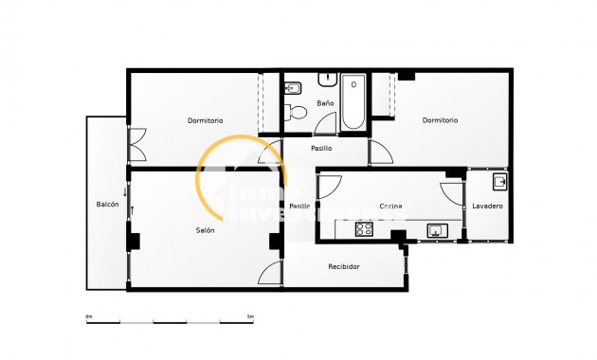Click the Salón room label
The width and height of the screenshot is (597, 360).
(x=205, y=230)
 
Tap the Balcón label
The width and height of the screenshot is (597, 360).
(x=107, y=205)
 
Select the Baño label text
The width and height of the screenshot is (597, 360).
(x=325, y=102)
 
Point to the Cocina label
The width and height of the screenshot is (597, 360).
(x=391, y=206)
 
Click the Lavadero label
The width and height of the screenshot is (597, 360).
(x=487, y=206)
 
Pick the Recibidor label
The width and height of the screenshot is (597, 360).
(x=344, y=266)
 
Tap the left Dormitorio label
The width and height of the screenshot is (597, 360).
(x=205, y=120)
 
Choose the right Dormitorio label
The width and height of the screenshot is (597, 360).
(x=440, y=120)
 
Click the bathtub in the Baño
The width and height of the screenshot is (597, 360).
(x=353, y=101)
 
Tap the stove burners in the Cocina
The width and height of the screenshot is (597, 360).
(x=365, y=228)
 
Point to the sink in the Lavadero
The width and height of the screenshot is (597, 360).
(x=498, y=180)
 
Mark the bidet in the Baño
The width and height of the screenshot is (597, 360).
(x=293, y=89)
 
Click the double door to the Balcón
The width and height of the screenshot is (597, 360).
(x=136, y=144)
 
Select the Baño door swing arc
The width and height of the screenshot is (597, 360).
(x=327, y=123)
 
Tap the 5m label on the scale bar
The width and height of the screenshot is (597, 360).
(x=250, y=315)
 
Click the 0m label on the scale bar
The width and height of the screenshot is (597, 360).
(x=89, y=315)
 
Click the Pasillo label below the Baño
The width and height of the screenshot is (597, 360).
(x=320, y=148)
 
